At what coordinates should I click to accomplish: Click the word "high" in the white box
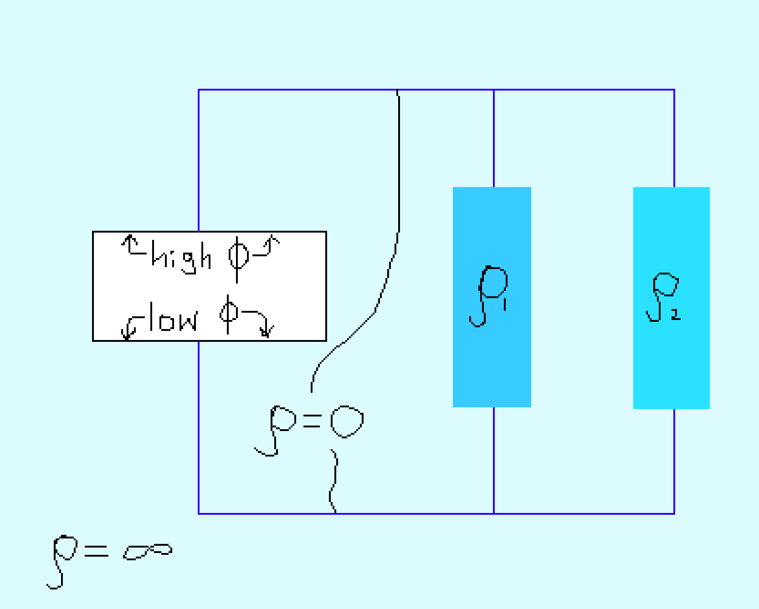point(181,257)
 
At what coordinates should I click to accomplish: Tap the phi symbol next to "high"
point(238,258)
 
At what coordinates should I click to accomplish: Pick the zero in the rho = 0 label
point(346,421)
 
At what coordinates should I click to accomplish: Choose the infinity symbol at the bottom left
point(148,551)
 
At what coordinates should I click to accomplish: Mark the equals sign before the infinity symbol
point(96,551)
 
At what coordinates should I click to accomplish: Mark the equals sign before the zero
point(312,421)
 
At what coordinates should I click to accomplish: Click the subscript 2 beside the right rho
point(676,314)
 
